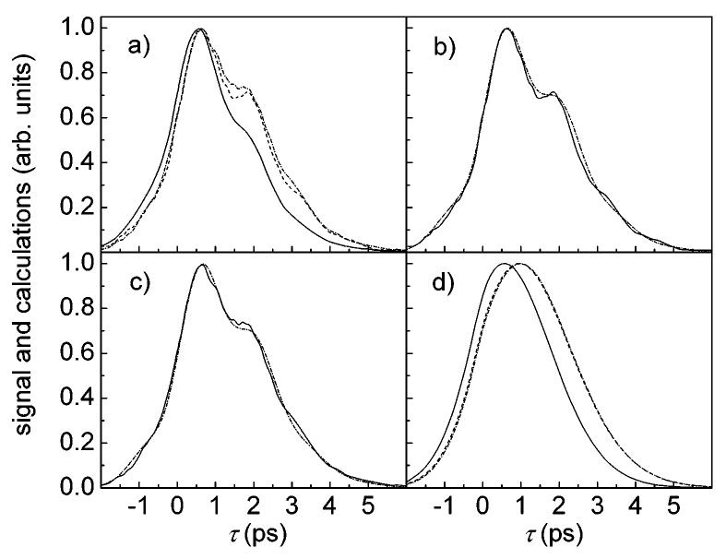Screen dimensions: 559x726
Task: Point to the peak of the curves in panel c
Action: [x=201, y=265]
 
